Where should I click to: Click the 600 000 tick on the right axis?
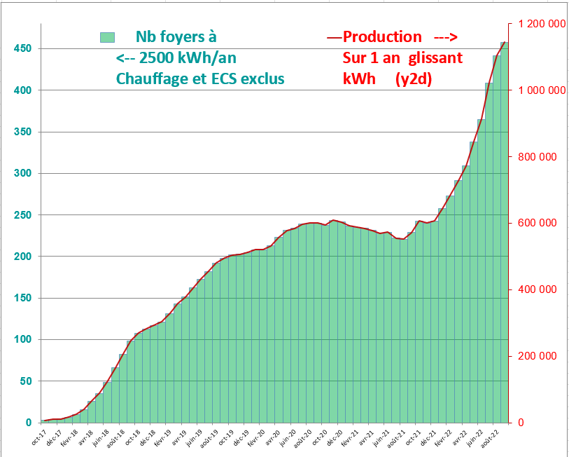point(537,223)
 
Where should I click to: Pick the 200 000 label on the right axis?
point(537,356)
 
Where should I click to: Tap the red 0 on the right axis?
point(521,423)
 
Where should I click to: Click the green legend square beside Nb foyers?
point(107,37)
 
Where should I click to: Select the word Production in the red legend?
point(383,37)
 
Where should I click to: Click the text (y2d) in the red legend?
point(414,79)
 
